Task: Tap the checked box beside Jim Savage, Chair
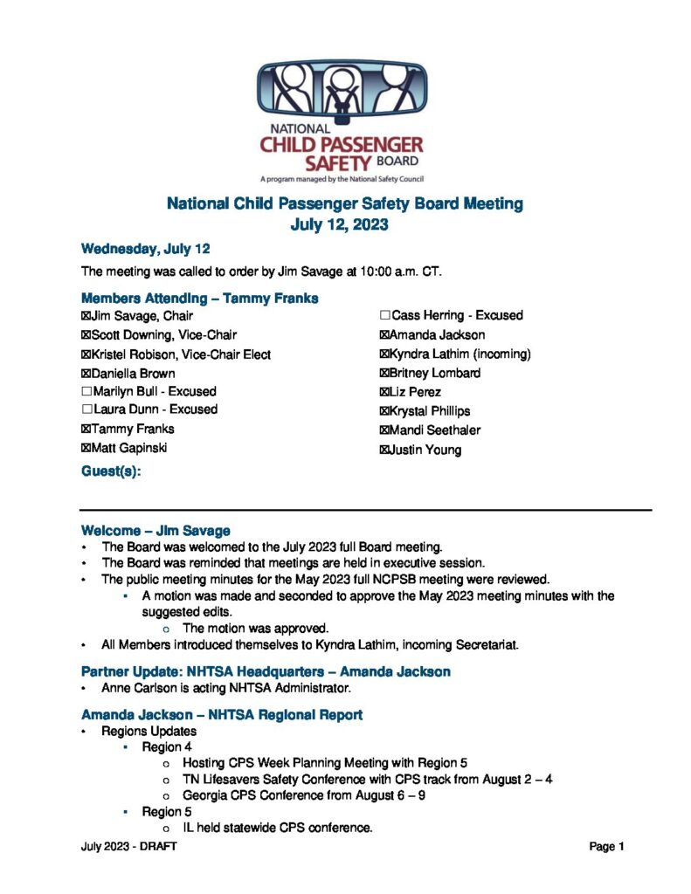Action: tap(86, 316)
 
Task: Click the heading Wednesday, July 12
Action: tap(145, 248)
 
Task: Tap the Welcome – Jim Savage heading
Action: tap(155, 530)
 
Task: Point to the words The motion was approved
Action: tap(255, 628)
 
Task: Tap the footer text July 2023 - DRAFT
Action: tap(128, 847)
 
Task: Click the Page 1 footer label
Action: tap(606, 847)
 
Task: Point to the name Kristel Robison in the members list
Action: tap(140, 354)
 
